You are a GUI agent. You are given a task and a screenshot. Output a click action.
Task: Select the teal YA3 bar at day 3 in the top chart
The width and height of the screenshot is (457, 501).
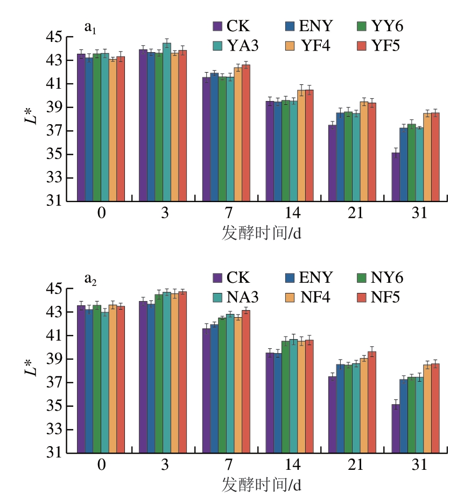(x=167, y=123)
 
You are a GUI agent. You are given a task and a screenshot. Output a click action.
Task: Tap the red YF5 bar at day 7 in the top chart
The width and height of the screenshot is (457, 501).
(x=246, y=133)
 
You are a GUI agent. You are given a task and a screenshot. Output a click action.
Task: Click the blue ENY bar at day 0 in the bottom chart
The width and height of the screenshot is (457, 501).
(x=89, y=382)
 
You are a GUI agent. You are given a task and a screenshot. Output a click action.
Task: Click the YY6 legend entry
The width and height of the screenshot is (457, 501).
(x=380, y=26)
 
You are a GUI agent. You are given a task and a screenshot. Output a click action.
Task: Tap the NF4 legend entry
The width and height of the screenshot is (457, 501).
(x=307, y=297)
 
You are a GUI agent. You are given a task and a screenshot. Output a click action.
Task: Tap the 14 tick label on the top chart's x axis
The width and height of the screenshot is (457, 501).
(x=293, y=213)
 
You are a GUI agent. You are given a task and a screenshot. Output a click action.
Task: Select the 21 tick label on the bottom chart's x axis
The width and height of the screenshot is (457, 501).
(x=356, y=465)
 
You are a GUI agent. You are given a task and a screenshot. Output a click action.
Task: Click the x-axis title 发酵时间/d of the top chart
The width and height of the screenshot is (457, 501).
(x=261, y=233)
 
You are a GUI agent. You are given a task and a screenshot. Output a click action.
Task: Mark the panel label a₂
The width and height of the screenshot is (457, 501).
(x=90, y=278)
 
